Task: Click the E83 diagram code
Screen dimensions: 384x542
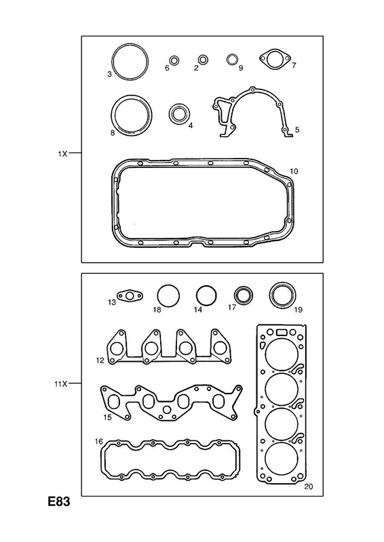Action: point(59,501)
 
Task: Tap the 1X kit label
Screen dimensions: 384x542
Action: point(62,154)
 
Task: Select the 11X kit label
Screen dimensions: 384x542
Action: point(60,383)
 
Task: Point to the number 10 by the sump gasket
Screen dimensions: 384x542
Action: point(294,171)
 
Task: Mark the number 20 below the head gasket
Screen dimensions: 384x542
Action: point(308,486)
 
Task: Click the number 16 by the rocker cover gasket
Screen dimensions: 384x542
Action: point(98,442)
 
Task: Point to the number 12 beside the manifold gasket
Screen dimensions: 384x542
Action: point(100,361)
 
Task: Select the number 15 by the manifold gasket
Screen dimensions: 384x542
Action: point(108,417)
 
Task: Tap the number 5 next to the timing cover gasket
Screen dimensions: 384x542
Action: point(297,129)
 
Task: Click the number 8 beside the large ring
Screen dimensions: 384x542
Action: point(112,132)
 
